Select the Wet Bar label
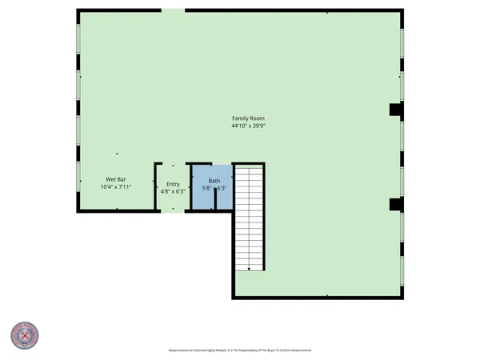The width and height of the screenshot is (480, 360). coord(115,178)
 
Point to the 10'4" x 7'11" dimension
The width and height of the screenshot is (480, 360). coord(115,186)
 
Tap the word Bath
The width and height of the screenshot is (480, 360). coord(214,181)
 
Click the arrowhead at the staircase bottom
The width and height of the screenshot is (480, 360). coord(249,270)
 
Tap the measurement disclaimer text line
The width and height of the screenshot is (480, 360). coord(239,350)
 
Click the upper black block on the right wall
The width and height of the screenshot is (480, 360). coord(394,110)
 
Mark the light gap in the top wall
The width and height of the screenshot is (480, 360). coord(174,10)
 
